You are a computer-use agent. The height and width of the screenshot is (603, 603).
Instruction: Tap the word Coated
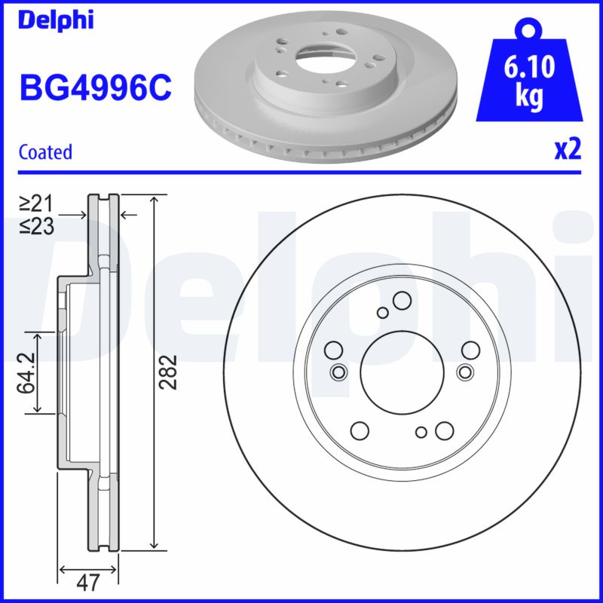point(45,152)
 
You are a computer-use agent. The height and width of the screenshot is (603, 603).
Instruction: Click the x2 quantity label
point(568,150)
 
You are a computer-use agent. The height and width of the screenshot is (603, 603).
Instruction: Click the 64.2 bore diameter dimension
point(27,372)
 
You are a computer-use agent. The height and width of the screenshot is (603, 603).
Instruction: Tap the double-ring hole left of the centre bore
point(338,372)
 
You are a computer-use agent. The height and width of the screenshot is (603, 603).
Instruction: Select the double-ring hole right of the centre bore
point(464,372)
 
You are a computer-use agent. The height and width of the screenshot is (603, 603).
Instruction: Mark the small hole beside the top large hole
point(382,313)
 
